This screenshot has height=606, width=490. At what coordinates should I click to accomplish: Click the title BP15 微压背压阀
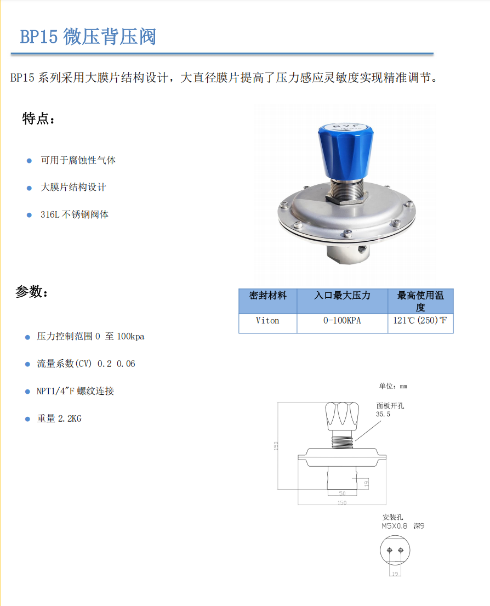coord(88,37)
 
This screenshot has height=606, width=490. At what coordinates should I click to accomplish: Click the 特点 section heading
coord(38,118)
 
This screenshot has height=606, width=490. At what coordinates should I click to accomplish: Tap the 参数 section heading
coord(32,291)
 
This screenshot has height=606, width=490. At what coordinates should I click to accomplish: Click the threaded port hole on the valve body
coord(362,249)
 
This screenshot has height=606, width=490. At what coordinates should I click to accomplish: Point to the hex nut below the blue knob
coord(346,199)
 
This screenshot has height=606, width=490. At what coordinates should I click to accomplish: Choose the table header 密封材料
coord(268,296)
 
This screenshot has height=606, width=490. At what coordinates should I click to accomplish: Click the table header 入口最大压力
coord(342,296)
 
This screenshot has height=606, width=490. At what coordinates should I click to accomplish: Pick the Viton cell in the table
coord(267,320)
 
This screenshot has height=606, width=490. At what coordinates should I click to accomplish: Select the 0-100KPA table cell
coord(342,320)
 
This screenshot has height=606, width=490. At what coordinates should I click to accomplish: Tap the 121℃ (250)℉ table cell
coord(420,320)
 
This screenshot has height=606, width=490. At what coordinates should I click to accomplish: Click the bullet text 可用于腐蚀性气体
coord(78,160)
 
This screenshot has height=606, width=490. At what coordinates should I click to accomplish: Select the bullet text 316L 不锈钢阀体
coord(75,214)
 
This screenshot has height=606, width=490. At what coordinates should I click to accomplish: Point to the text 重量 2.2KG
coord(59,418)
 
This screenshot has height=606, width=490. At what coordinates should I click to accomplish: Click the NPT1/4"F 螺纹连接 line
coord(75,391)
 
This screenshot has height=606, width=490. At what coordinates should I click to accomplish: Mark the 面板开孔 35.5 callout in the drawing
coord(390,410)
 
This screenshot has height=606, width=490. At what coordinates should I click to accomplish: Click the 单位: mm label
coord(393,386)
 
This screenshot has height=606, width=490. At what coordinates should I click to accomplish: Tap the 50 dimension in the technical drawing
coord(342,493)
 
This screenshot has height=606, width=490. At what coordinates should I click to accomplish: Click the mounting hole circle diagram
coord(395,536)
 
